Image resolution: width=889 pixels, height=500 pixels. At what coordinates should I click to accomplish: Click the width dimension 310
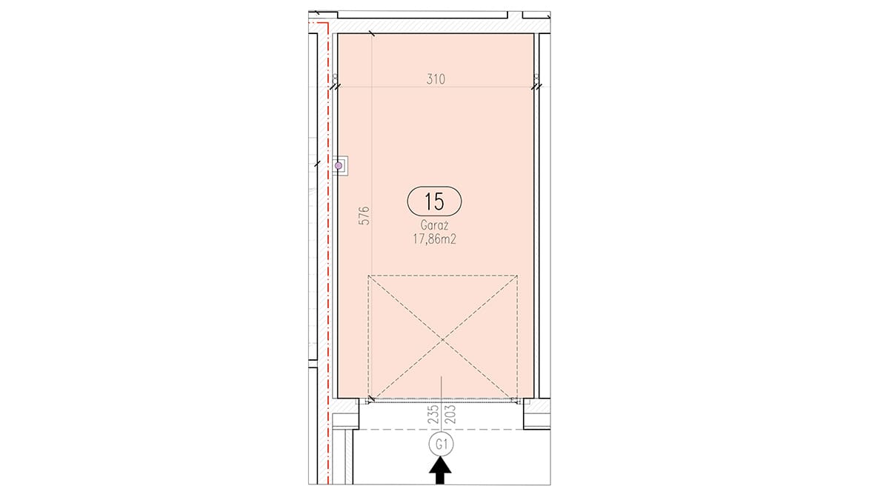[x=436, y=79]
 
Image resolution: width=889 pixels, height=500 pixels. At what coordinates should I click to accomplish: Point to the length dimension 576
[x=364, y=216]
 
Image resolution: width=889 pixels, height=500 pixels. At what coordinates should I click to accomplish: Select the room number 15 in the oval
[x=434, y=201]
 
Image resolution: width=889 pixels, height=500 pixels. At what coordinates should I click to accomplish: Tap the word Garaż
[x=434, y=225]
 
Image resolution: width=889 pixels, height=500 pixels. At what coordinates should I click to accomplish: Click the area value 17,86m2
[x=434, y=239]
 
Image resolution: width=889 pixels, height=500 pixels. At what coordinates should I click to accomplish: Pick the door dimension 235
[x=434, y=414]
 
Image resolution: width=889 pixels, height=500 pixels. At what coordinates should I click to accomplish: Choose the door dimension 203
[x=451, y=414]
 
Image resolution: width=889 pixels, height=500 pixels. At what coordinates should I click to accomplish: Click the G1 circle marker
[x=442, y=444]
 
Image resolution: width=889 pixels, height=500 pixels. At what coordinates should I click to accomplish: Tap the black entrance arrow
[x=440, y=470]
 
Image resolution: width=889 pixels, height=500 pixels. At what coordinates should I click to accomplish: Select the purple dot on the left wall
[x=339, y=165]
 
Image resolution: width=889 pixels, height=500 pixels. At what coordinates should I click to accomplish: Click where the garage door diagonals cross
[x=442, y=339]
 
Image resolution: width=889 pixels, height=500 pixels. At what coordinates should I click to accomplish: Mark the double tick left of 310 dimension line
[x=336, y=87]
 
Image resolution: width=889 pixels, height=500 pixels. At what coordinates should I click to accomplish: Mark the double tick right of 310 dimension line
[x=536, y=87]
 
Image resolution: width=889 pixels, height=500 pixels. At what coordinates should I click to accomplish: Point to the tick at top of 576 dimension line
[x=372, y=34]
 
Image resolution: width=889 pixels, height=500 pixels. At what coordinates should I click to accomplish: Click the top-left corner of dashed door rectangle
[x=368, y=276]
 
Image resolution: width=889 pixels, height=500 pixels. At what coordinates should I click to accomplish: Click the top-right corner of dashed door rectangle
[x=517, y=276]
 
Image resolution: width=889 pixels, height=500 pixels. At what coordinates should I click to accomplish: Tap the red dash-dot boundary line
[x=328, y=254]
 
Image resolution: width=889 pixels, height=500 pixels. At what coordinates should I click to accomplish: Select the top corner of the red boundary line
[x=328, y=24]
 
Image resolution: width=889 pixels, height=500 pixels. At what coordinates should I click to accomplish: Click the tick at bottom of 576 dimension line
[x=372, y=399]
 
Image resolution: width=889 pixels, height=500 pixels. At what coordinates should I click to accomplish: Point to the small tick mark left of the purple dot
[x=317, y=164]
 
